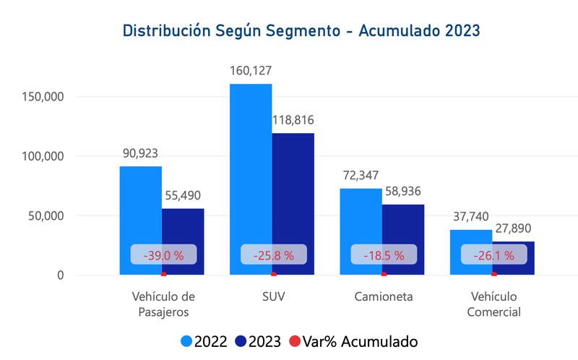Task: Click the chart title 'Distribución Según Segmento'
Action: coord(301,31)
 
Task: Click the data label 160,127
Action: coord(251,71)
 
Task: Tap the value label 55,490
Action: coord(182,195)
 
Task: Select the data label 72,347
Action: coord(360,176)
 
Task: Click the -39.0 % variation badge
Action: coord(163,254)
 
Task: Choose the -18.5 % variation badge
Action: coord(384,254)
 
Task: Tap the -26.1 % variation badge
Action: coord(494,254)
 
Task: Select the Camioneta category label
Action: coord(384,296)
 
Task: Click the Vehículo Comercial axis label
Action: coord(495,304)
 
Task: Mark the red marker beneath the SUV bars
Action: coord(273,274)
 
